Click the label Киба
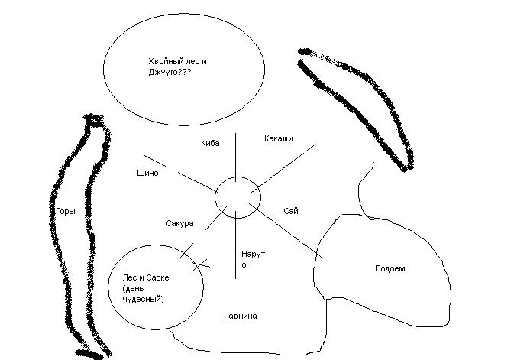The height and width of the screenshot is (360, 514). [x=210, y=143]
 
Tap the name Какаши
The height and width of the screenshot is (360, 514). [x=279, y=138]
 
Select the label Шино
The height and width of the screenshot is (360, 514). [x=146, y=174]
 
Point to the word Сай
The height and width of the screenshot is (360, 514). [x=290, y=211]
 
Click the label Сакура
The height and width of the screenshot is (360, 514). [x=179, y=224]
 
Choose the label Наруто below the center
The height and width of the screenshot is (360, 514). [x=253, y=258]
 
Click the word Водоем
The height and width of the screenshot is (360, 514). [x=390, y=268]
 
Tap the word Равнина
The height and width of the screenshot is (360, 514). [x=241, y=316]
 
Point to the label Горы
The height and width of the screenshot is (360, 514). [x=66, y=210]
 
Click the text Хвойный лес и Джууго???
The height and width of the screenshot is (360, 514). [x=177, y=67]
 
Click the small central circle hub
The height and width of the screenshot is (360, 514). [x=237, y=197]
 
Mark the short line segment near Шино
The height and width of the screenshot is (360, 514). [x=156, y=162]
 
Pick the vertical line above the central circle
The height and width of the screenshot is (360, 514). [x=235, y=154]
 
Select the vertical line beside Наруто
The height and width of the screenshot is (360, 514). [x=235, y=245]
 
